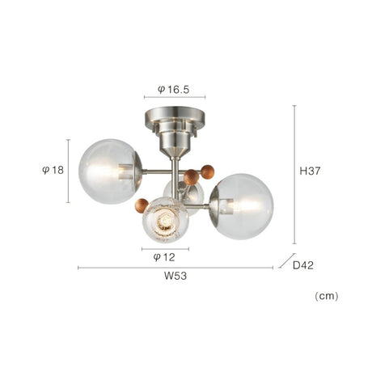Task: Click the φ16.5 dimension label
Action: [174, 89]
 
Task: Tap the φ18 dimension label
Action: [53, 170]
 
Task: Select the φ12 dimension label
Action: [164, 257]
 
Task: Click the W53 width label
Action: [175, 276]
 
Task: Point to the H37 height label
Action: [310, 171]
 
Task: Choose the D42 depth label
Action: [303, 265]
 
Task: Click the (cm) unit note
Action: [327, 296]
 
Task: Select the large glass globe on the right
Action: [242, 206]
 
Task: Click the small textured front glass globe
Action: [166, 220]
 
